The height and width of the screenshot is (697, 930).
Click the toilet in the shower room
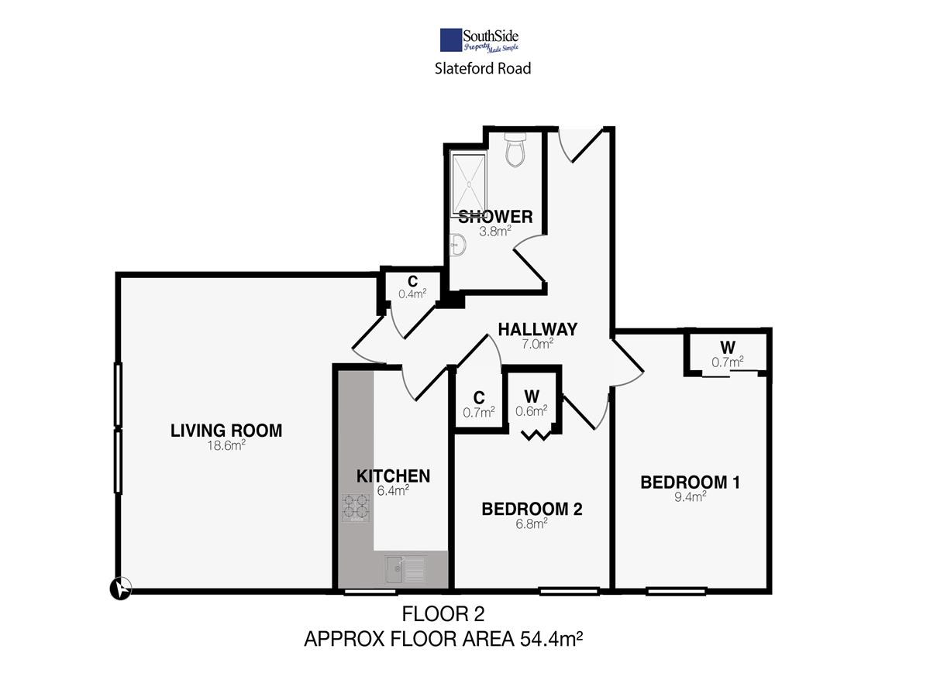coord(515,149)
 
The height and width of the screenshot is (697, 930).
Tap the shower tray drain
coord(469,184)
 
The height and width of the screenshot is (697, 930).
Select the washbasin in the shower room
coord(457,245)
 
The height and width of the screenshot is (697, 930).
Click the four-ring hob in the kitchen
coord(356,507)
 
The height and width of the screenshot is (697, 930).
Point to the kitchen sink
coord(405,568)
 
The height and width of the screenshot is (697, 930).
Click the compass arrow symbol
coord(121,589)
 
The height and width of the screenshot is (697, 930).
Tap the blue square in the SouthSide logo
coord(451,40)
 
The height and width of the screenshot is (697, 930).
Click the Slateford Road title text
coord(483,69)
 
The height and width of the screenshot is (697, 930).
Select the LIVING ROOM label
coord(226,431)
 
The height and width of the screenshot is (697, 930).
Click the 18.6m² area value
coord(226,445)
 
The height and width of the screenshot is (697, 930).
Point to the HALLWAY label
coord(537,329)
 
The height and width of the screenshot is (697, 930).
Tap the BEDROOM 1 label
coord(690,482)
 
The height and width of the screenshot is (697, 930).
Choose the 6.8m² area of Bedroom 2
coord(532,524)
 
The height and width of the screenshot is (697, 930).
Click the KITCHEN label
coord(393,476)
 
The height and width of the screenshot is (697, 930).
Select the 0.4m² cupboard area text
coord(412,294)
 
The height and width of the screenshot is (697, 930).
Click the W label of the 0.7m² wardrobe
coord(728,348)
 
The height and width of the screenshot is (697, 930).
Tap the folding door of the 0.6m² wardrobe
coord(536,435)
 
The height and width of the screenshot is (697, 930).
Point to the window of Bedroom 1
coord(676,591)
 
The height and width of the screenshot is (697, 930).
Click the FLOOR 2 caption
coord(443,614)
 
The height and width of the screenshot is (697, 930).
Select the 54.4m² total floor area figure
coord(552,639)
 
